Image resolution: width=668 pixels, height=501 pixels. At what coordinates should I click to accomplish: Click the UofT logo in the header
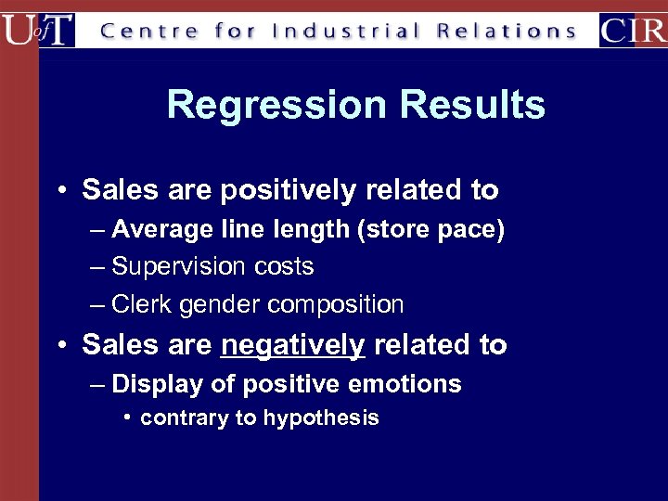click(x=37, y=29)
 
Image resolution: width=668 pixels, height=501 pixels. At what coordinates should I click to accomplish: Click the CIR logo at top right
click(x=632, y=29)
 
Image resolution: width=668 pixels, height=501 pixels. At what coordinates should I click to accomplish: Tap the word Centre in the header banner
click(x=148, y=31)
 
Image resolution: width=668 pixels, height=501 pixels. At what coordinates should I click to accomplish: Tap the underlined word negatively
click(x=293, y=345)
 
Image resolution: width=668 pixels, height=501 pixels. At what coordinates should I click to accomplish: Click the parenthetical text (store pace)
click(x=430, y=230)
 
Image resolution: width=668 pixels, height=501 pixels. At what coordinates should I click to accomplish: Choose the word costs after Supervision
click(x=281, y=267)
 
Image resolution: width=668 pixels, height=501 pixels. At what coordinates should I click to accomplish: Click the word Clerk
click(x=140, y=304)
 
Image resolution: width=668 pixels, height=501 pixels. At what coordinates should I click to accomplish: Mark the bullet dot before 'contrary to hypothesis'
click(x=128, y=417)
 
